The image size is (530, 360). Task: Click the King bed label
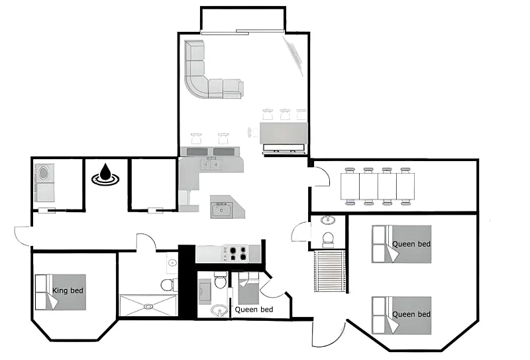[68, 290]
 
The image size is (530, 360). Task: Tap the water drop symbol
[105, 174]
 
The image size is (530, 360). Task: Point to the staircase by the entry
[329, 270]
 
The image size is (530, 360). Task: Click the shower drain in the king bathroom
[148, 306]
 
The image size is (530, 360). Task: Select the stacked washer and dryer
[44, 183]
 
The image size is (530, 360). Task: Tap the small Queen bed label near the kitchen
[254, 310]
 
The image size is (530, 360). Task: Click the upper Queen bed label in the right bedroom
[411, 244]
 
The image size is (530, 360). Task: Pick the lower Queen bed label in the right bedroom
[411, 314]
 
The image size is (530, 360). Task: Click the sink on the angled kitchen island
[221, 210]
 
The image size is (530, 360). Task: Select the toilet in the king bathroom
[169, 284]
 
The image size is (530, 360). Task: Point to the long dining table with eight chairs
[378, 186]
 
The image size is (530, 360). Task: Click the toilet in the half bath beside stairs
[328, 239]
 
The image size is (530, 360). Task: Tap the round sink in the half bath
[327, 219]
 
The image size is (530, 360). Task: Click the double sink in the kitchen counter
[210, 165]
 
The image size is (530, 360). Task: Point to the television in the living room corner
[293, 56]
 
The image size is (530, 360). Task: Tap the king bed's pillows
[41, 292]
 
